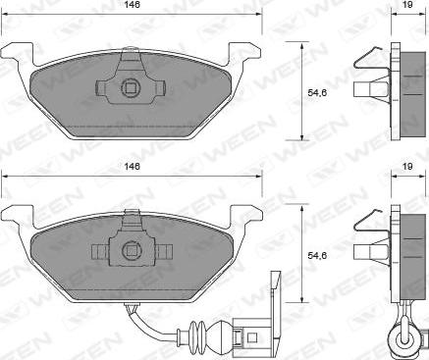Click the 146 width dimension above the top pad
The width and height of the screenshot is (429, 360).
coord(132,5)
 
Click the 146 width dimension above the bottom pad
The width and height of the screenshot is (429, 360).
coord(132,167)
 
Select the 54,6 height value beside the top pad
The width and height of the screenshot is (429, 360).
coord(317,93)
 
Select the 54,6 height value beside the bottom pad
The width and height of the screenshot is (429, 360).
coord(317,255)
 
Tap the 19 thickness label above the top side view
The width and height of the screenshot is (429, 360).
coord(407,5)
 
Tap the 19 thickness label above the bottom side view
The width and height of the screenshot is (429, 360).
coord(407,167)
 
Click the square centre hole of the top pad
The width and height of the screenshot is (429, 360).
coord(131,87)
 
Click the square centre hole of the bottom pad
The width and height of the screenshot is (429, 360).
coord(132,251)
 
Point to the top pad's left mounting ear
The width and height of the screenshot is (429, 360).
coord(18,52)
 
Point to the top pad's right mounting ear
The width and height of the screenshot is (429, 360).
coord(244,52)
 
